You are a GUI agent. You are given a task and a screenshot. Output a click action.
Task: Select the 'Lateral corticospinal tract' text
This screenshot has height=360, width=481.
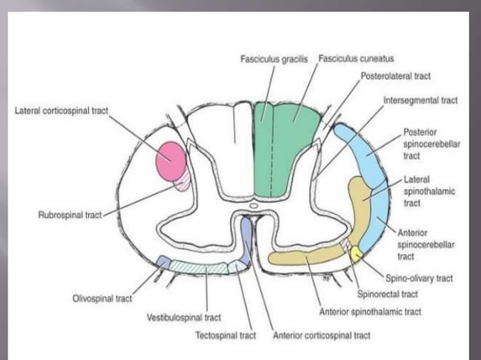click(62, 111)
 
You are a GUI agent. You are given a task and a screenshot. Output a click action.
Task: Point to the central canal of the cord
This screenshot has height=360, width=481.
click(253, 203)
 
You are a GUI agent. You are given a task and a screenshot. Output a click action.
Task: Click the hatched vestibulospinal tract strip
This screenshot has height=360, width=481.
click(199, 266)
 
